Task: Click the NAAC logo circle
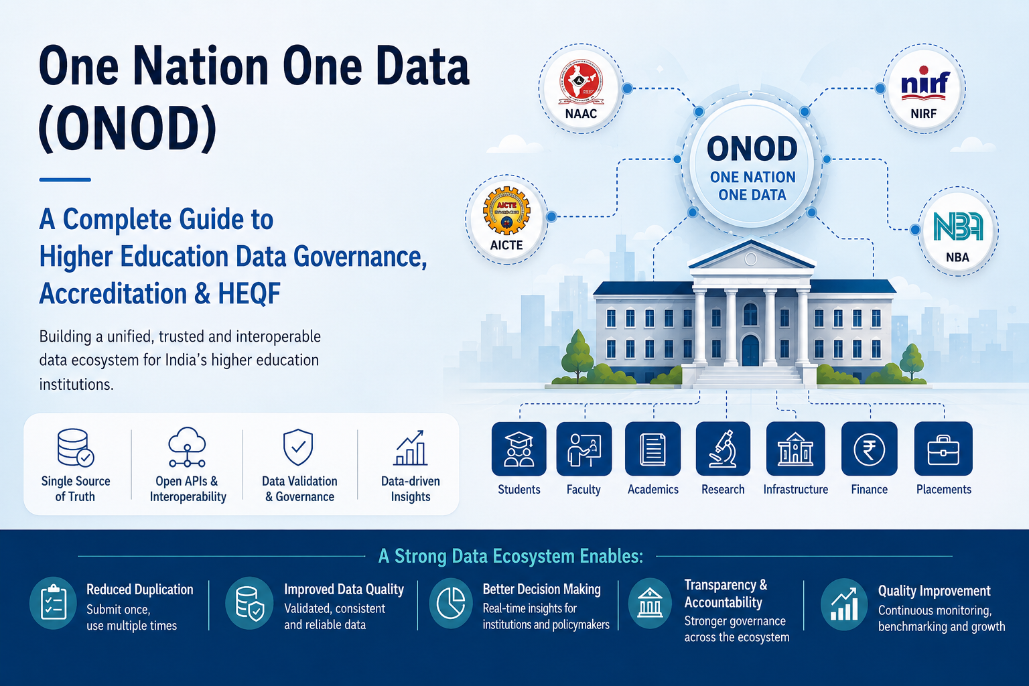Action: [x=581, y=88]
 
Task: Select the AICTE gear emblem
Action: [x=506, y=210]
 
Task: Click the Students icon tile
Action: [x=519, y=449]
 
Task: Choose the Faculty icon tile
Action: [x=584, y=449]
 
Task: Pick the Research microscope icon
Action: [x=723, y=449]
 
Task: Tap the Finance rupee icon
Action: [x=869, y=449]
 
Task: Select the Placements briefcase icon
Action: [x=943, y=449]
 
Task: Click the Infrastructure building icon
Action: [x=796, y=449]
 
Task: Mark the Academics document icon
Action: [x=653, y=449]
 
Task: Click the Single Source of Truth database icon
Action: [x=76, y=448]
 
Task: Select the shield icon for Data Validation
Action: [x=298, y=448]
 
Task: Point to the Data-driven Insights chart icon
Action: [x=410, y=448]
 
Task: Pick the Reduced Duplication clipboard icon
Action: [x=54, y=603]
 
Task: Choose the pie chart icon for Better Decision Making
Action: [x=451, y=603]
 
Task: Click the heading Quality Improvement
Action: [x=935, y=591]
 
